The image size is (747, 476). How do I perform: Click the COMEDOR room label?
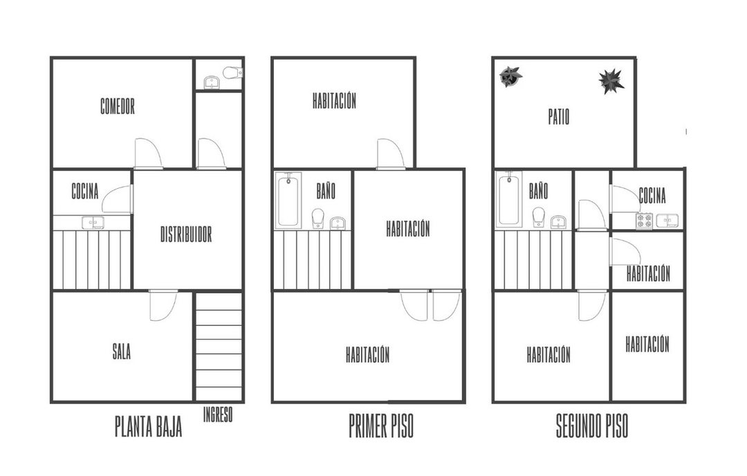(x=117, y=107)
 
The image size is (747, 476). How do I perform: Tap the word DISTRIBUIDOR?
(x=186, y=235)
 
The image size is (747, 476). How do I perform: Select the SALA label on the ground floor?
(x=122, y=352)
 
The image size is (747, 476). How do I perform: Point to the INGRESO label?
(x=218, y=414)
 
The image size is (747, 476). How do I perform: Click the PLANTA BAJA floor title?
(x=149, y=426)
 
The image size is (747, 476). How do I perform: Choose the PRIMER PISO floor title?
(x=381, y=426)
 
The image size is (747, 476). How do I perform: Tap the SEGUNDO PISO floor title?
(x=592, y=426)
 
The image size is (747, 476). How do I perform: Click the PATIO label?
(x=559, y=117)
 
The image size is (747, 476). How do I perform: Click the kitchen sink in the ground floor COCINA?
(x=93, y=223)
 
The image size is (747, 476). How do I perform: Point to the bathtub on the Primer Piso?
(x=288, y=200)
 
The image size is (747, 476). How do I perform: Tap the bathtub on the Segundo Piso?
(x=509, y=199)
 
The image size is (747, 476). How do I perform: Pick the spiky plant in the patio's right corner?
(x=611, y=81)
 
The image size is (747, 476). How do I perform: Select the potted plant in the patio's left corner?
(x=510, y=76)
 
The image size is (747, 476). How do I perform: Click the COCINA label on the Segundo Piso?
(x=652, y=195)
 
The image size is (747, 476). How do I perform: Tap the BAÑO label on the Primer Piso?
(x=326, y=190)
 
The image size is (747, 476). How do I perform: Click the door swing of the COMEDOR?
(x=149, y=154)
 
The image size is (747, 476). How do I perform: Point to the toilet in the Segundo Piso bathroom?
(x=539, y=217)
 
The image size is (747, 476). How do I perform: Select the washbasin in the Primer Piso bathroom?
(x=338, y=223)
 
